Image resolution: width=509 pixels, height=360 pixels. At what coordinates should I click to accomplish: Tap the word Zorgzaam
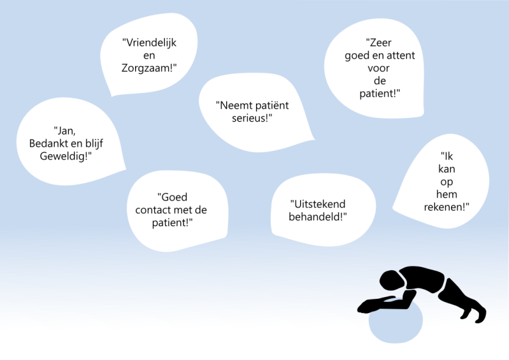click(x=149, y=67)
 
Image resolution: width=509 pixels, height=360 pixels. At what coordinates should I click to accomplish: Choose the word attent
click(x=399, y=55)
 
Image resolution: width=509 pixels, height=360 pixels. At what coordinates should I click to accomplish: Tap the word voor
click(x=378, y=68)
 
